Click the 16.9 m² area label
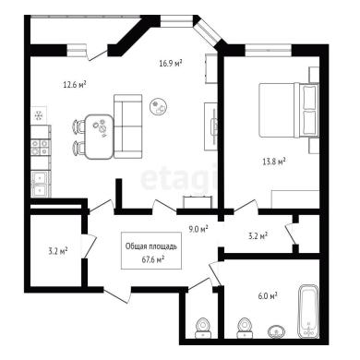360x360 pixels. coord(171,64)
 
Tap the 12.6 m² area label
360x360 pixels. coord(75,84)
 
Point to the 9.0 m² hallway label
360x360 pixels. coord(198,229)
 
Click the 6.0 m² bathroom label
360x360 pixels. coord(268,295)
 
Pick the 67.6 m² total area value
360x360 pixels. coord(152,260)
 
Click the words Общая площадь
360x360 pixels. coord(151,246)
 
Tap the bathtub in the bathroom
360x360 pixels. coord(308,312)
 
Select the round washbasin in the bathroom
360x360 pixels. coord(276,331)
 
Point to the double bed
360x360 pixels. coord(288,110)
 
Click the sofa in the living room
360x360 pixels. coord(128,126)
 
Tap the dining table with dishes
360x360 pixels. coord(99,137)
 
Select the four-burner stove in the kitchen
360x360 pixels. coord(41,147)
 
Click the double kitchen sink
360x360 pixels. coord(40,184)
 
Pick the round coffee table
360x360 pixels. coord(159,106)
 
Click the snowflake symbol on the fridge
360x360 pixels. coord(39,115)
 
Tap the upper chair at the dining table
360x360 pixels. coord(78,126)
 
